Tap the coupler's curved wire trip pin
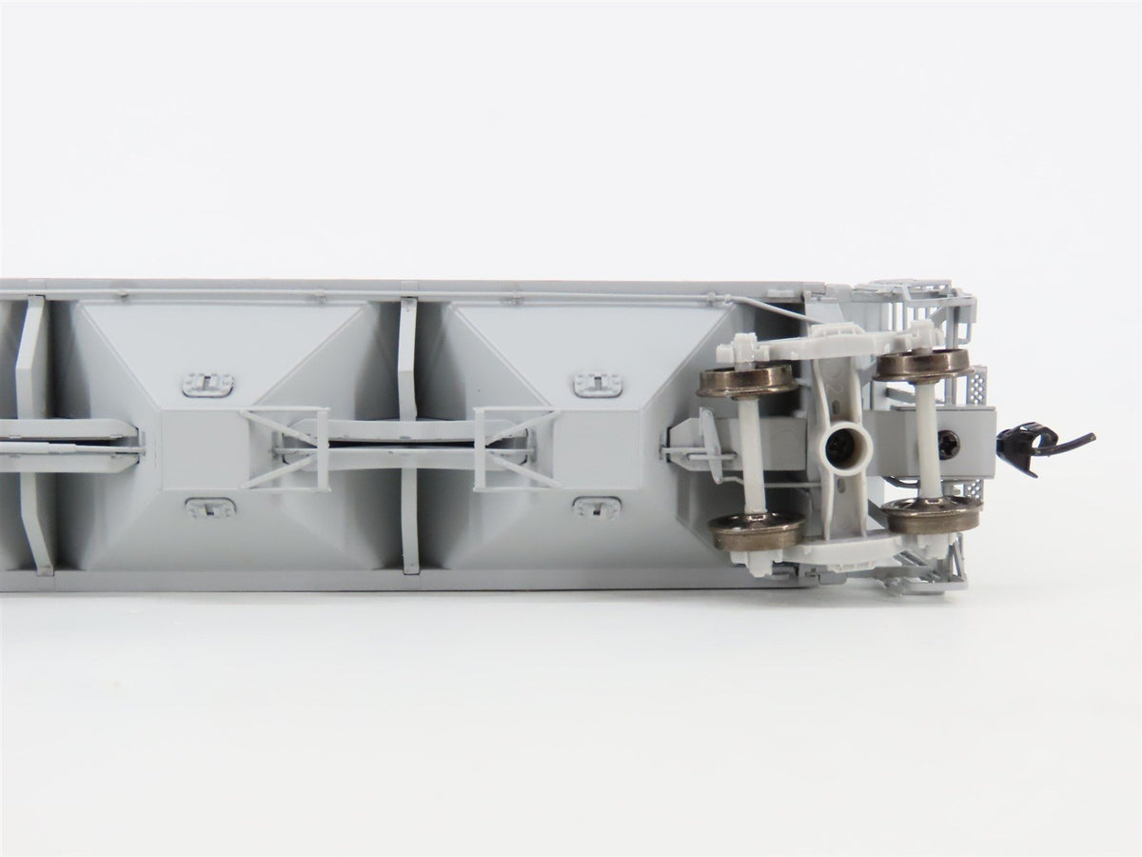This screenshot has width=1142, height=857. click(x=1071, y=439)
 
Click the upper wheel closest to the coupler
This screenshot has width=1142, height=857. click(x=922, y=363)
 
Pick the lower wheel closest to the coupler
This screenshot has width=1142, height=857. click(x=932, y=515)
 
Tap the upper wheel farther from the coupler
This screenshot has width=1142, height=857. click(x=746, y=379)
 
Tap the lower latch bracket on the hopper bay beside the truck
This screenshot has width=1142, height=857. click(x=597, y=508)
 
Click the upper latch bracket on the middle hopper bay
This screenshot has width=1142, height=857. click(x=207, y=384)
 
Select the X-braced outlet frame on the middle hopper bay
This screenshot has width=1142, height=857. click(x=285, y=448)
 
